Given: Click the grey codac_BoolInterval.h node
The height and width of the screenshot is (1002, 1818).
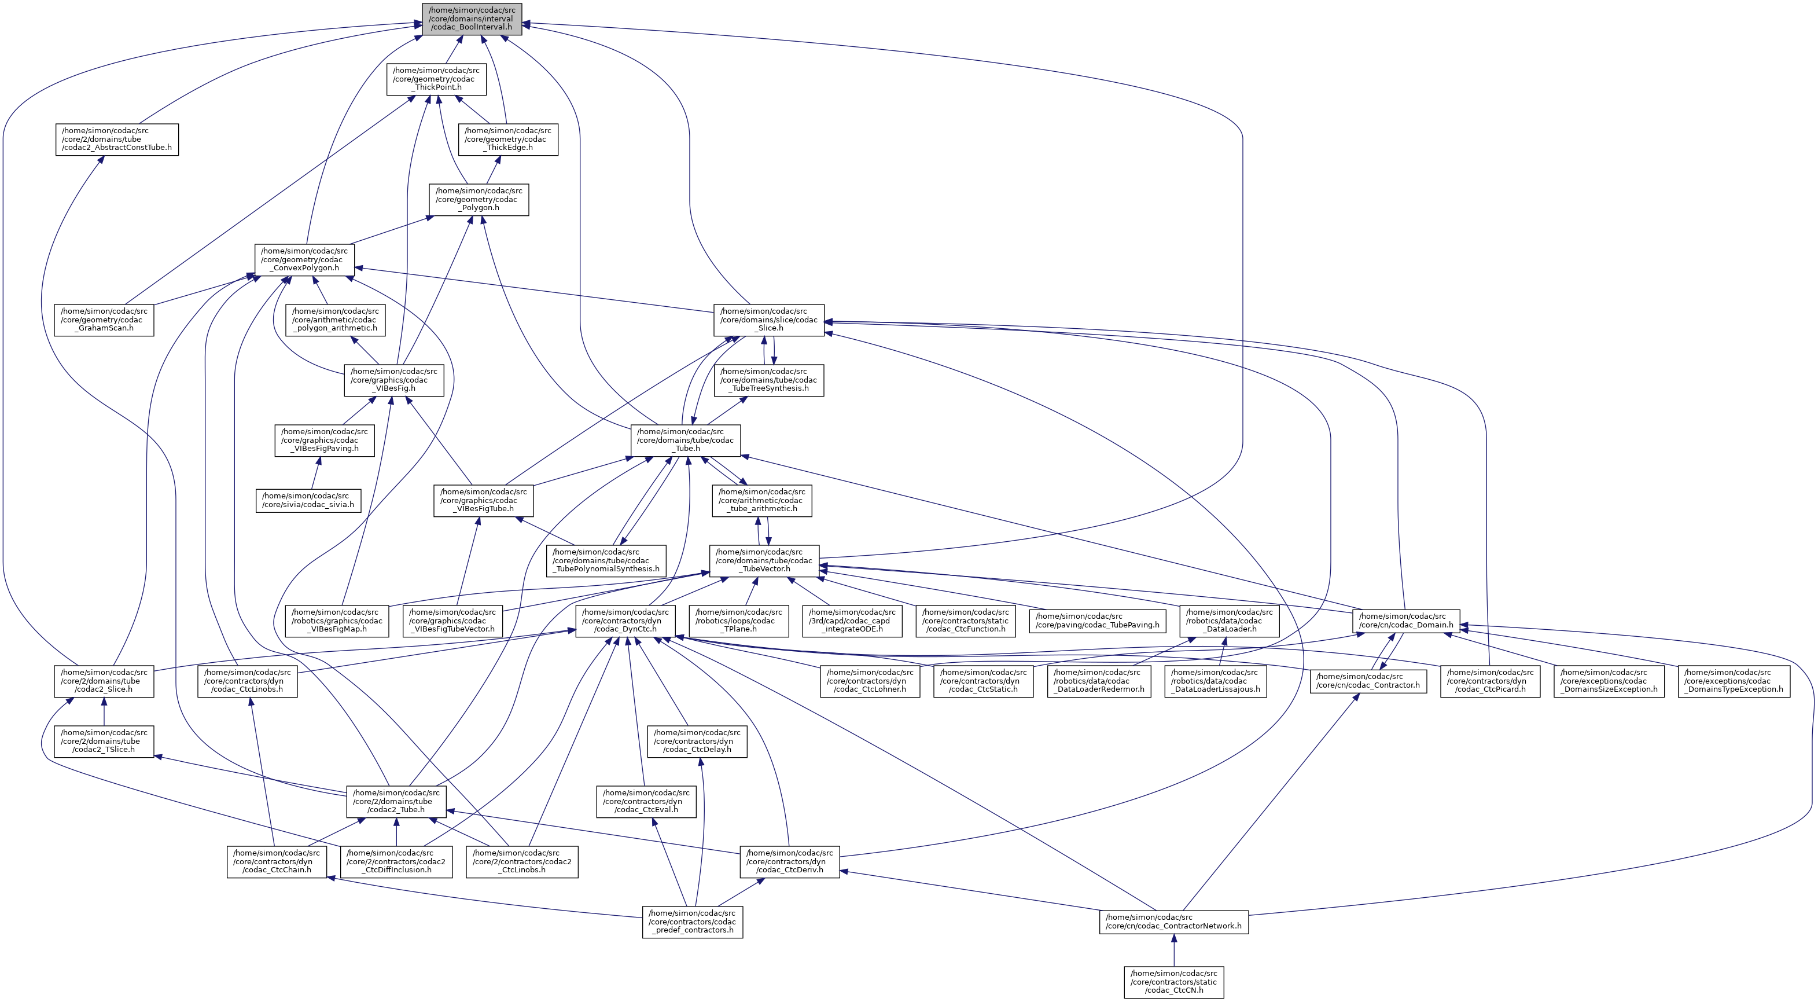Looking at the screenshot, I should click(472, 19).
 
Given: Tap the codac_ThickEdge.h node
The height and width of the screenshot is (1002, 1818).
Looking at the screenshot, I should click(508, 139).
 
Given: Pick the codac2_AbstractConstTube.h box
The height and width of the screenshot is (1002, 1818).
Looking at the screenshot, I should click(116, 139).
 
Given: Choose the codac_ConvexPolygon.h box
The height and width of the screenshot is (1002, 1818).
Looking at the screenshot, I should click(304, 259).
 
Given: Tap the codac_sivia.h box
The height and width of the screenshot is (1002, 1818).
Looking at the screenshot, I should click(308, 500).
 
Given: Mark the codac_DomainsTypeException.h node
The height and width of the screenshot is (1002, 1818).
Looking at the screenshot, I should click(1734, 681).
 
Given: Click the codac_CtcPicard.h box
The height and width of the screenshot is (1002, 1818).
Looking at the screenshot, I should click(1490, 681).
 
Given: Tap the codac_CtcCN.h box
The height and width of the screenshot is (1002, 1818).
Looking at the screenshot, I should click(1173, 982).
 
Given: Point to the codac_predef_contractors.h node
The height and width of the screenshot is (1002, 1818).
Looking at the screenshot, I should click(693, 922).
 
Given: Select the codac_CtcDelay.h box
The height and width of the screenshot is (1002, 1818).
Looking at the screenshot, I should click(697, 741).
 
